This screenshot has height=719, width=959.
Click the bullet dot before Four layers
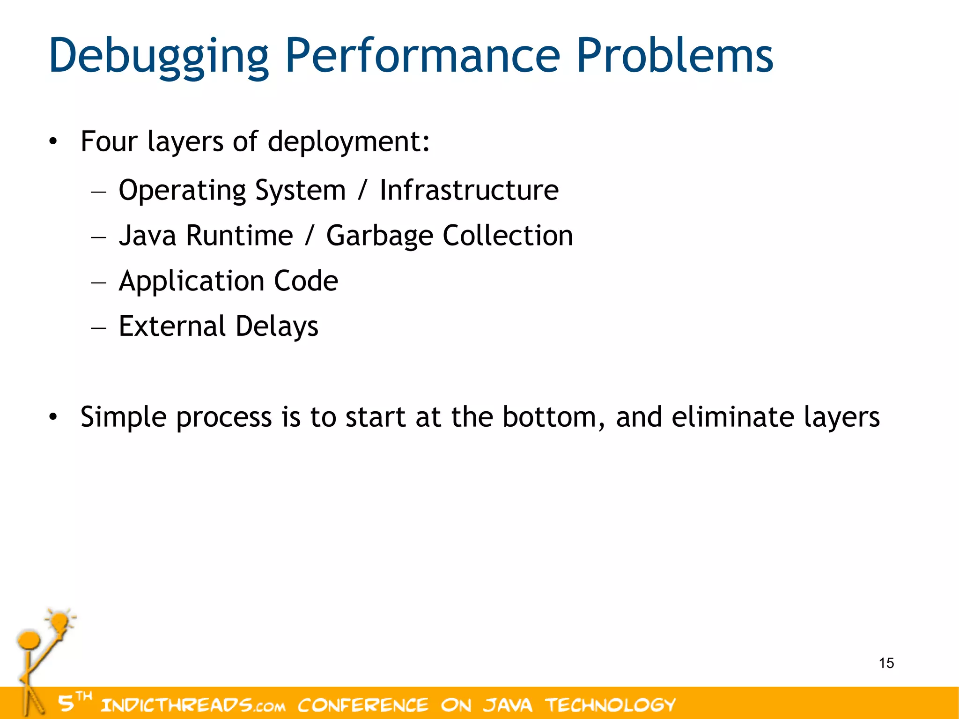pyautogui.click(x=53, y=141)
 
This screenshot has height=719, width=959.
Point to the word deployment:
pyautogui.click(x=348, y=141)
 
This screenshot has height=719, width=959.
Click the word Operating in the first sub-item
pyautogui.click(x=182, y=190)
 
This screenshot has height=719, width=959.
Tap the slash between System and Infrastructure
pyautogui.click(x=361, y=190)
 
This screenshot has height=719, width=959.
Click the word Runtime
pyautogui.click(x=239, y=235)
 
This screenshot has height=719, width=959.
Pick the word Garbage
pyautogui.click(x=379, y=236)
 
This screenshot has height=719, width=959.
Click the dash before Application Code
pyautogui.click(x=99, y=282)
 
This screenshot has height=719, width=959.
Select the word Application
pyautogui.click(x=192, y=281)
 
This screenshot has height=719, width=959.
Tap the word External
pyautogui.click(x=172, y=326)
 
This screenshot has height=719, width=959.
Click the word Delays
pyautogui.click(x=277, y=326)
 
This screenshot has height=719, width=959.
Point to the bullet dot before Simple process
pyautogui.click(x=53, y=416)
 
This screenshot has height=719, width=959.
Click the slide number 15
pyautogui.click(x=886, y=663)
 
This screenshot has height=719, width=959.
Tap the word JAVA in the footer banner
pyautogui.click(x=508, y=704)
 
